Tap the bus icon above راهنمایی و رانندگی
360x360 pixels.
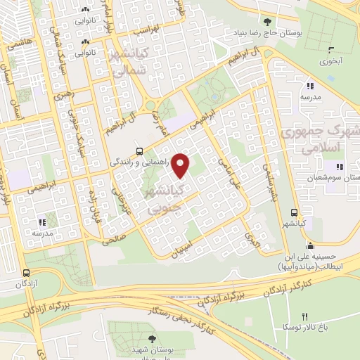click(139, 150)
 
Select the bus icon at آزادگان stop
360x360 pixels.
click(26, 273)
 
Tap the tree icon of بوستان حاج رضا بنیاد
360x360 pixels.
click(266, 22)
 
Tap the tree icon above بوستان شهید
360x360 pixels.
click(152, 339)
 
